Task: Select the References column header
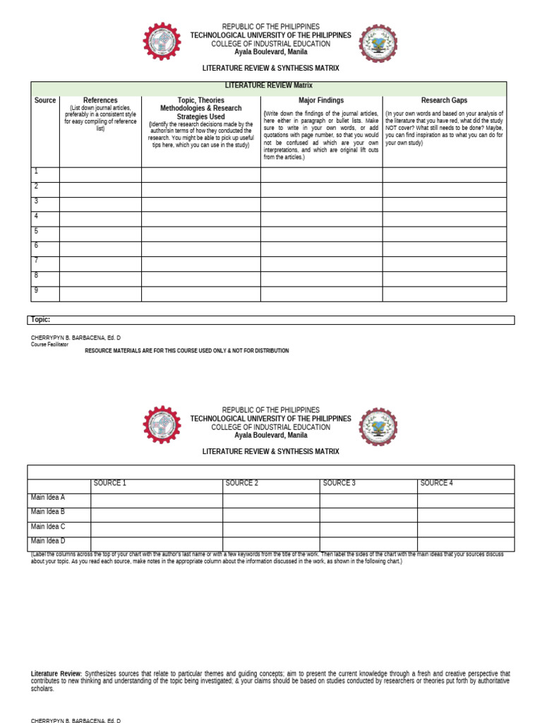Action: coord(100,100)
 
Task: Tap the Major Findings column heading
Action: coord(321,100)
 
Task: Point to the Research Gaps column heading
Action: coord(444,100)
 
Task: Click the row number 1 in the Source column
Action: coord(37,172)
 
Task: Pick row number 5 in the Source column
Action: coord(37,231)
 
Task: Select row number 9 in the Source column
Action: coord(37,290)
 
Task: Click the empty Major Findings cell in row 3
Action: coord(321,205)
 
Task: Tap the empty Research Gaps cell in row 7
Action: coord(444,264)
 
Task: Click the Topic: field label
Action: coord(40,320)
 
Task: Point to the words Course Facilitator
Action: coord(49,345)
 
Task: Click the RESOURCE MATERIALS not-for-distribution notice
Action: coord(186,351)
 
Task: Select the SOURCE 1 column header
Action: coord(109,484)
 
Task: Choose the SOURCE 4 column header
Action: coord(436,484)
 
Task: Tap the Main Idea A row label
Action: coord(48,498)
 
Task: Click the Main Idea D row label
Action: coord(48,542)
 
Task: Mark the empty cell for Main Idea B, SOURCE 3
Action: coord(368,515)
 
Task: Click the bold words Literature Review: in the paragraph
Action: coord(56,674)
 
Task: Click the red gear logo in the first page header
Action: coord(162,41)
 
